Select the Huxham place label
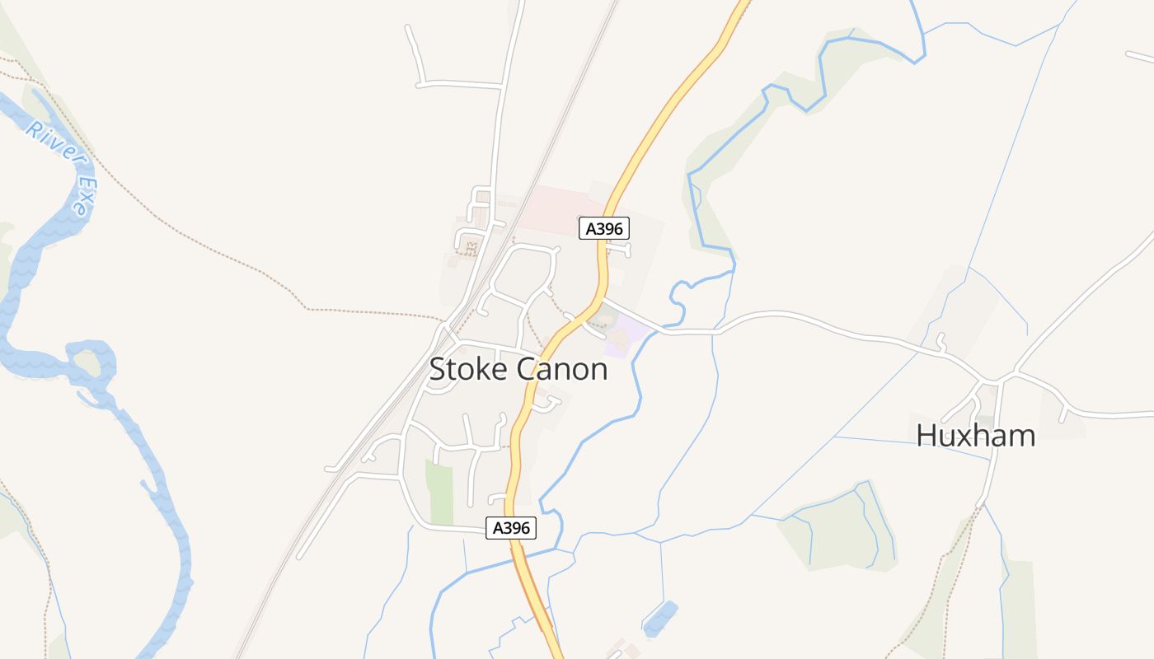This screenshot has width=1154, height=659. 975,435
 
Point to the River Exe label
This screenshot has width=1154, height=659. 58,165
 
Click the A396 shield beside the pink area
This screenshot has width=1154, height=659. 604,228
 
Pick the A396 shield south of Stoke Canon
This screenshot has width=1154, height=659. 510,528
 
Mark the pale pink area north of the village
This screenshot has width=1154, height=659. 561,206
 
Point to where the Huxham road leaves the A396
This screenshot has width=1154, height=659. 603,301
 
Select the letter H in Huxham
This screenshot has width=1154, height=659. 927,435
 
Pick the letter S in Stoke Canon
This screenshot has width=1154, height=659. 439,369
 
